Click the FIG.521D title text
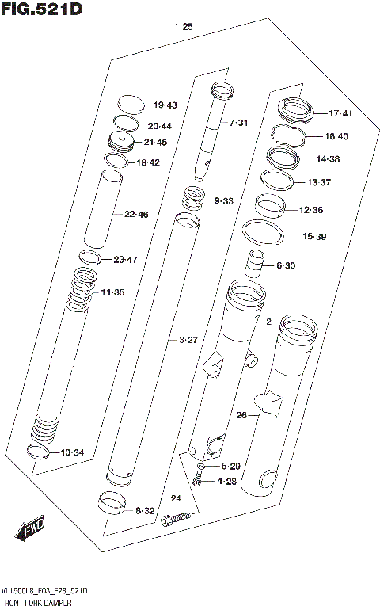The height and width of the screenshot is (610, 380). pos(41,9)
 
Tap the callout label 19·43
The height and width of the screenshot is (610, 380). pos(165,105)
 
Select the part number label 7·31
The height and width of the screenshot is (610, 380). pos(238,123)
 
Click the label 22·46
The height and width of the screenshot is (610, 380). pos(136,214)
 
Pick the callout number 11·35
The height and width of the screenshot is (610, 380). pos(112,293)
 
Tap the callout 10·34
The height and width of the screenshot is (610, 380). pos(72,452)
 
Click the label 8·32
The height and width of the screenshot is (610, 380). pos(145,511)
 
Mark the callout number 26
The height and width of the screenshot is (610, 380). pos(242,414)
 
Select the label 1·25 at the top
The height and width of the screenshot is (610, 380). pos(183,27)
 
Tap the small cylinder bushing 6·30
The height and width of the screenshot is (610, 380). pos(256,263)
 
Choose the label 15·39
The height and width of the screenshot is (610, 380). pos(314,236)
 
